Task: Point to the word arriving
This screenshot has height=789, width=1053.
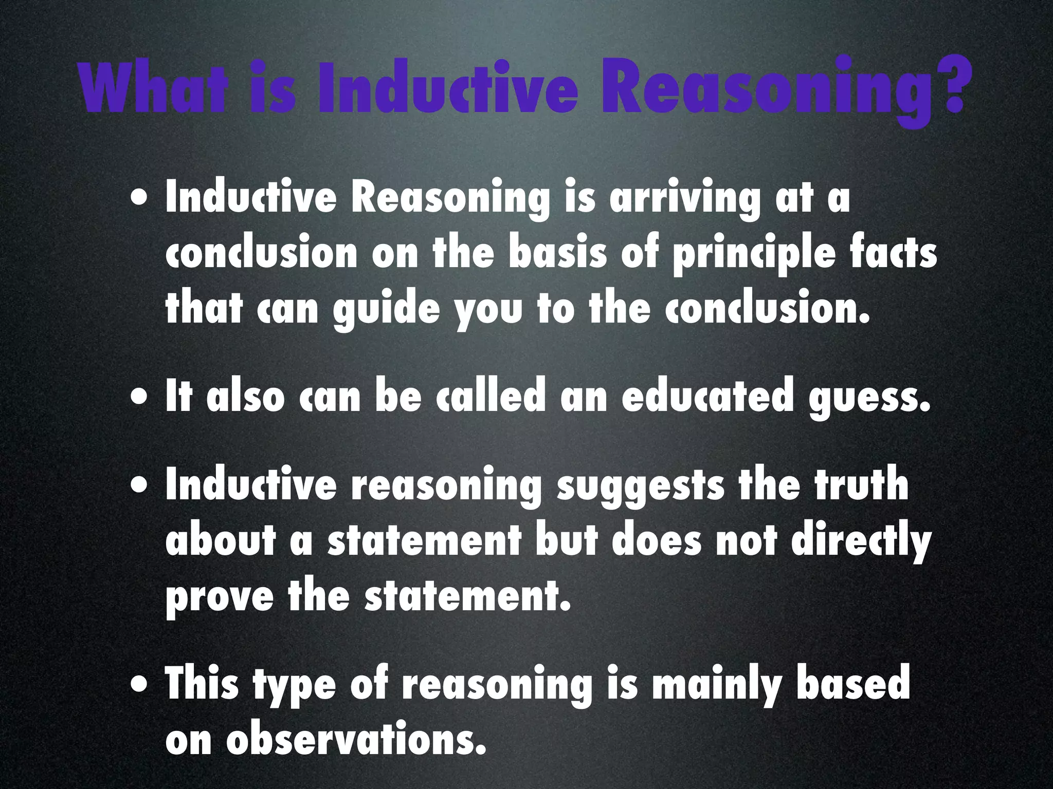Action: (x=684, y=199)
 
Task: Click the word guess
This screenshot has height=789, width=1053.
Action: (x=869, y=399)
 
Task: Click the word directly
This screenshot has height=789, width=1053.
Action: (x=861, y=542)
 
